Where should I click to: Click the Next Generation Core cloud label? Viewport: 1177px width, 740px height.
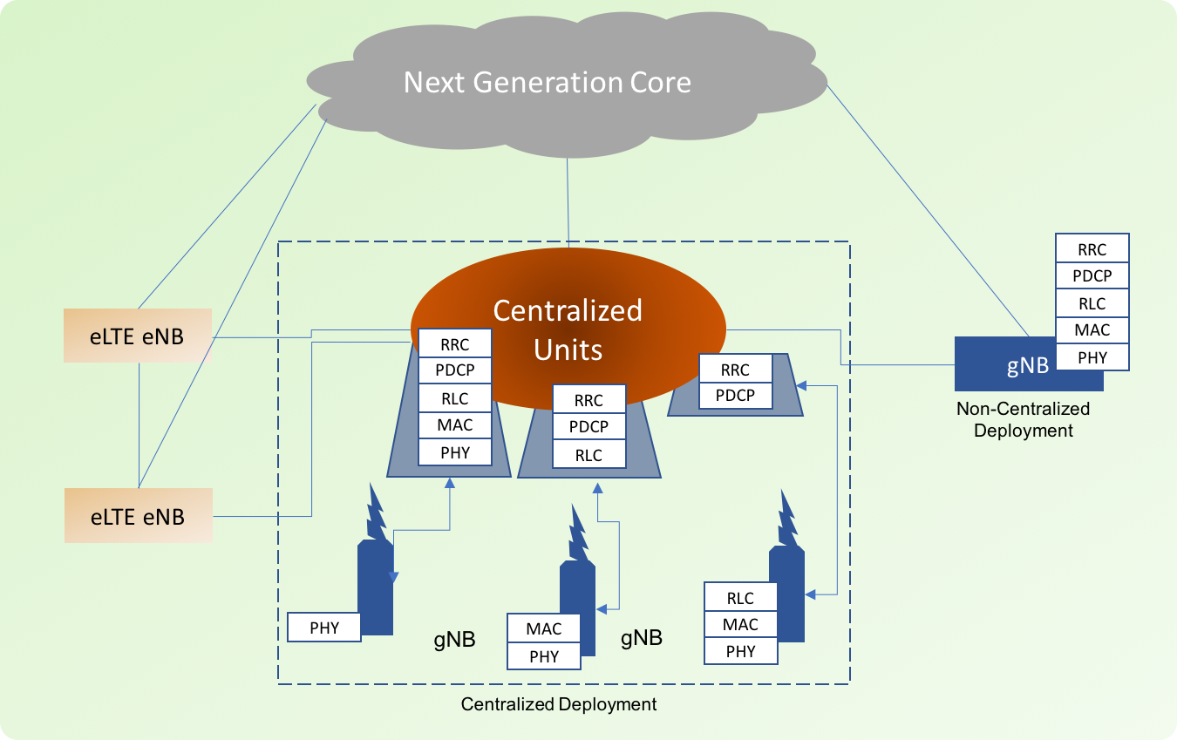[x=547, y=83]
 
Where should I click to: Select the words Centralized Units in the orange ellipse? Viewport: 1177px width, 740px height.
[x=568, y=329]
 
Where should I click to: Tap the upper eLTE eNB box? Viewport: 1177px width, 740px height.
[x=138, y=336]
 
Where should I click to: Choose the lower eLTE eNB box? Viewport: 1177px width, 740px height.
[x=138, y=516]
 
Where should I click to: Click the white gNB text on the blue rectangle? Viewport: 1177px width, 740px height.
[x=1028, y=365]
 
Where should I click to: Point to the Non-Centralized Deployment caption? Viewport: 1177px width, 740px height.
[x=1023, y=419]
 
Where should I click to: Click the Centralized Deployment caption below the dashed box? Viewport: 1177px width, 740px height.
[x=558, y=704]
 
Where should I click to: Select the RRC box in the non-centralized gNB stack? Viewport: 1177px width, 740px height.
[x=1092, y=249]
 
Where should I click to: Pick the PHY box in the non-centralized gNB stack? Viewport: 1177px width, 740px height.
[x=1092, y=357]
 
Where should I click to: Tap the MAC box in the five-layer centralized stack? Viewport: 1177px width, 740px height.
[x=455, y=424]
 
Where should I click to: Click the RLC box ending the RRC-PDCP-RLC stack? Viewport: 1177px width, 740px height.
[x=588, y=455]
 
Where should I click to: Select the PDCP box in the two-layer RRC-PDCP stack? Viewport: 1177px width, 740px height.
[x=735, y=395]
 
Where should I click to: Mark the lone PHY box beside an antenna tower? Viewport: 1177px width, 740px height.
[x=323, y=628]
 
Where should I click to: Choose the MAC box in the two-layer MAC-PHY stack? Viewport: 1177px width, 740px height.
[x=543, y=628]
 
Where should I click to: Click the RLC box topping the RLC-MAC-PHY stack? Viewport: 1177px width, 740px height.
[x=740, y=599]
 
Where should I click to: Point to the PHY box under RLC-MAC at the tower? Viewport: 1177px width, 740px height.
[x=740, y=651]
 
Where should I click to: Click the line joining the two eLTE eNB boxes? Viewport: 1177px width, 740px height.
[x=139, y=425]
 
